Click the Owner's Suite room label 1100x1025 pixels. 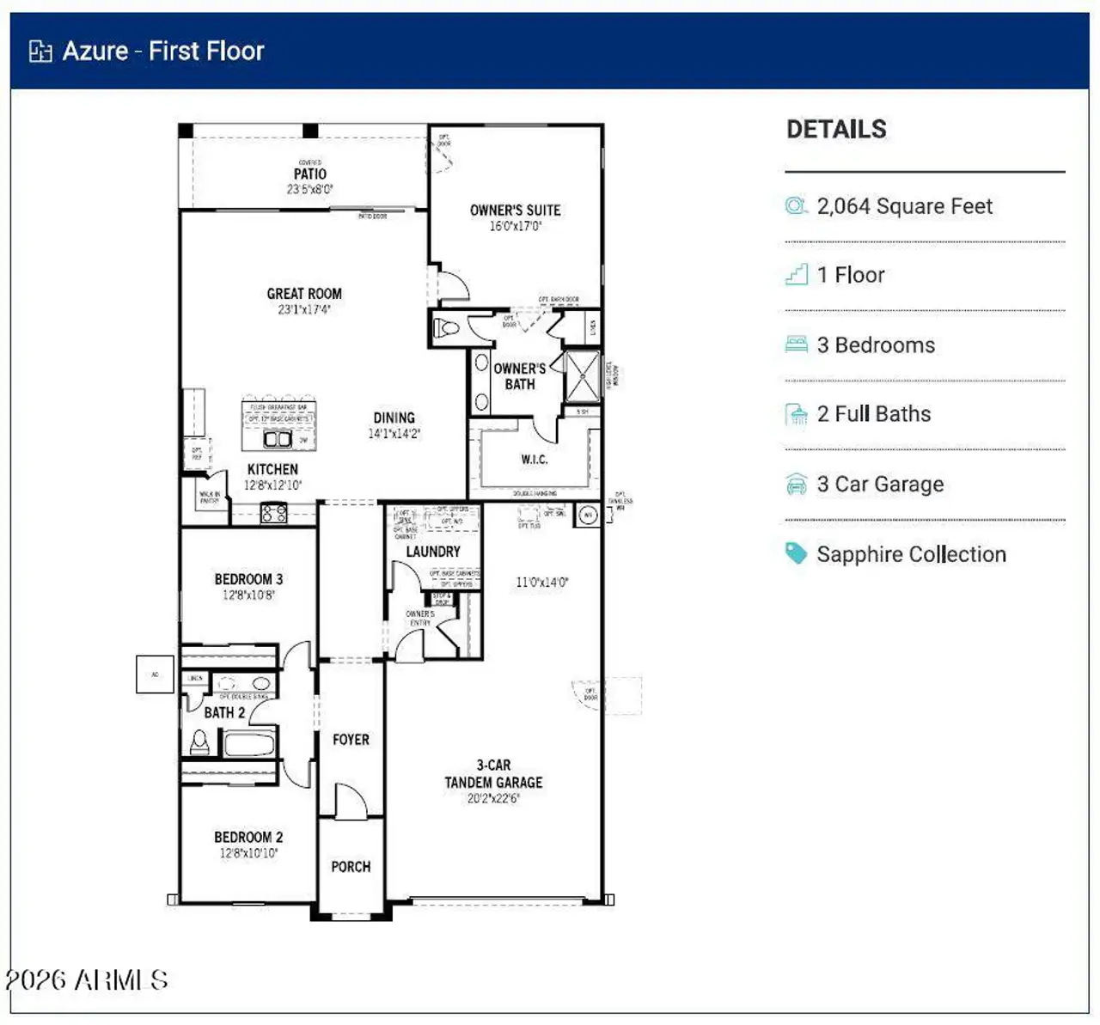[x=515, y=210]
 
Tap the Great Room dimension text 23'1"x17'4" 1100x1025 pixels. [x=303, y=309]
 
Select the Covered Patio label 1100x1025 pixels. [x=310, y=174]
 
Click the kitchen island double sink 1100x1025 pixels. [x=278, y=439]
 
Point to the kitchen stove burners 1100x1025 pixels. [x=273, y=514]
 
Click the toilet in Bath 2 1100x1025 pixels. [x=200, y=741]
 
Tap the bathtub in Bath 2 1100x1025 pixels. [x=249, y=742]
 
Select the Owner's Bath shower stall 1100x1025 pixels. [x=582, y=375]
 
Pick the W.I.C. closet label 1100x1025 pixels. [x=534, y=460]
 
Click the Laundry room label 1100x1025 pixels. [x=433, y=552]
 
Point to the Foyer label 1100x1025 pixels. [x=351, y=739]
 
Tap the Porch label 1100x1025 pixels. [x=351, y=867]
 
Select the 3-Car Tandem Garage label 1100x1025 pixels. [x=493, y=774]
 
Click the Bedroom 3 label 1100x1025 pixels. [x=248, y=579]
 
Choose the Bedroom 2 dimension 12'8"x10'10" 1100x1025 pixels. [x=248, y=853]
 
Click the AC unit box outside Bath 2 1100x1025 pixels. [x=156, y=674]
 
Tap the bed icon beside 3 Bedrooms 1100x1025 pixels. [x=797, y=345]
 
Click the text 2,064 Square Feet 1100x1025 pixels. [x=904, y=206]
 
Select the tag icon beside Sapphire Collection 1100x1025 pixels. [x=797, y=554]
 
